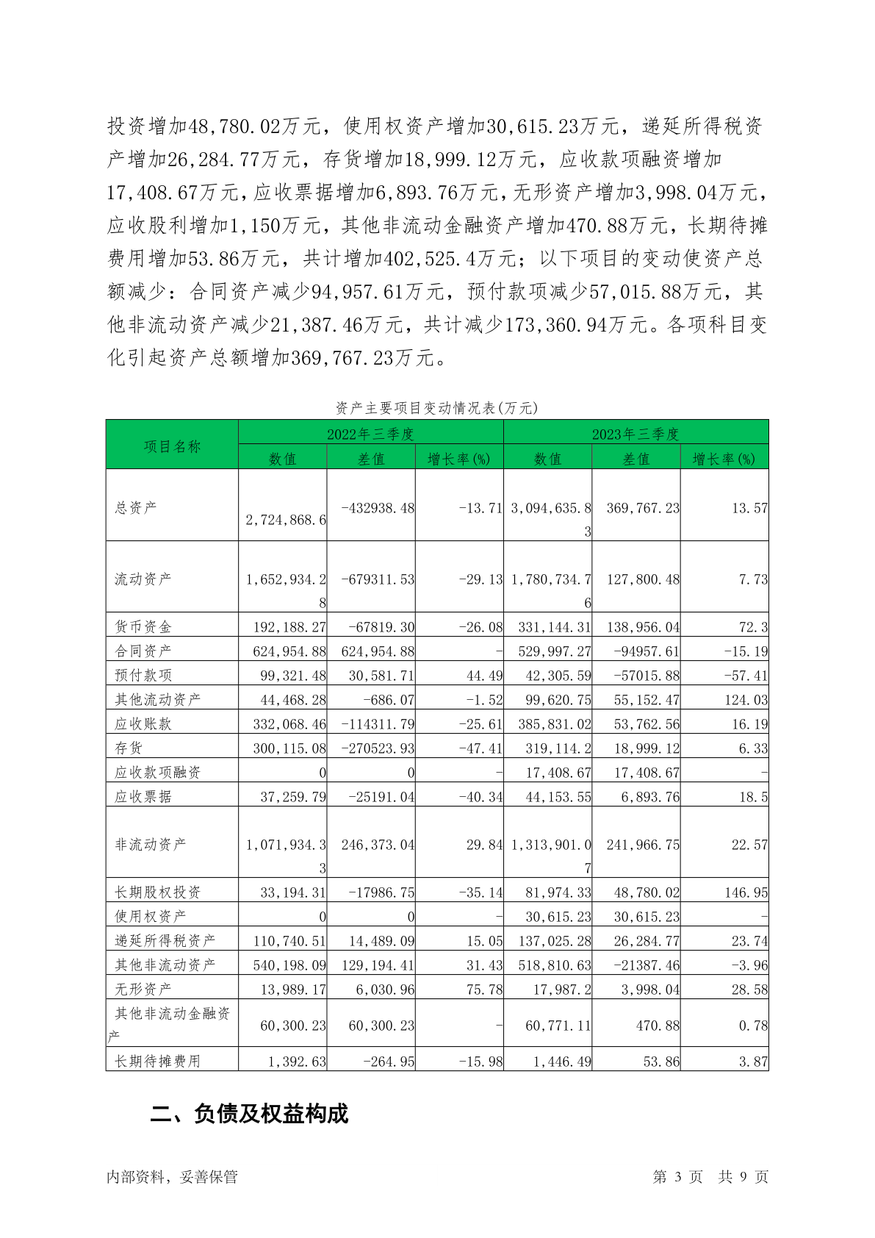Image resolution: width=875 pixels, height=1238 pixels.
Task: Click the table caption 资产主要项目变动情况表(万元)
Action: click(437, 407)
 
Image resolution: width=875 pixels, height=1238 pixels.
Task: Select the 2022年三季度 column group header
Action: click(370, 434)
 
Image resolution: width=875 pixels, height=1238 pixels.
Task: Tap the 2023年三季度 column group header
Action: click(635, 434)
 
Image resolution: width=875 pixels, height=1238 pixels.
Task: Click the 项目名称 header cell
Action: click(172, 446)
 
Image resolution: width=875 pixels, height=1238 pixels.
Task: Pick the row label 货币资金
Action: click(143, 626)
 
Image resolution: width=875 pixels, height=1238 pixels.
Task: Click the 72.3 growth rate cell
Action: click(754, 627)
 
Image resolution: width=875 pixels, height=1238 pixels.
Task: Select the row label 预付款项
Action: click(143, 675)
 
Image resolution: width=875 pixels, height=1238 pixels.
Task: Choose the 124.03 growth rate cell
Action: click(746, 699)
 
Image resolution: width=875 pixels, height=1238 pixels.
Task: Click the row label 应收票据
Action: click(143, 796)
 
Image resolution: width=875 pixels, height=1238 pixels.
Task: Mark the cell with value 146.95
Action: click(746, 892)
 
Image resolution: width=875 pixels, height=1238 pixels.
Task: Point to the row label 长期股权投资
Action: click(157, 892)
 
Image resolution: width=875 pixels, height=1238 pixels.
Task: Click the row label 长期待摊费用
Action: click(157, 1061)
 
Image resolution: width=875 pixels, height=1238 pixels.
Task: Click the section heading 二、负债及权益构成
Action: click(249, 1114)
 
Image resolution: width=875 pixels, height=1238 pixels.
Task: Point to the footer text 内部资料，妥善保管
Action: click(172, 1177)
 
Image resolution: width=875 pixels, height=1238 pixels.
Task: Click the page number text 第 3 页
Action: click(677, 1177)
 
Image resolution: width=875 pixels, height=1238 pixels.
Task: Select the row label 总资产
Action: click(136, 507)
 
